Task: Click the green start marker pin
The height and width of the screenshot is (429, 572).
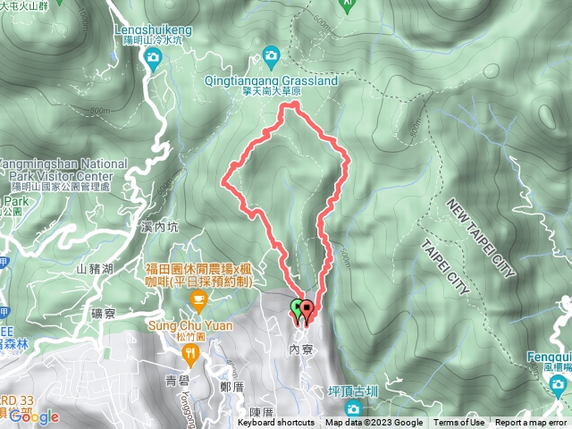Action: click(x=297, y=309)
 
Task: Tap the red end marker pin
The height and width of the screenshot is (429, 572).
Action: click(x=307, y=310)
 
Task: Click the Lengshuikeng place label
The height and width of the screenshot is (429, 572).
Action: click(x=154, y=28)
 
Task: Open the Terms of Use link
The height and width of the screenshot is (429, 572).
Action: click(x=459, y=423)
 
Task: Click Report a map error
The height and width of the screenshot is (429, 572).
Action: click(x=532, y=423)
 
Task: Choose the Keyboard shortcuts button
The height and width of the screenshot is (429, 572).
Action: click(x=276, y=423)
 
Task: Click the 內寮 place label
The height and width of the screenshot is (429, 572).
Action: click(x=301, y=349)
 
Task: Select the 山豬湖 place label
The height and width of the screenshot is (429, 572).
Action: click(x=94, y=268)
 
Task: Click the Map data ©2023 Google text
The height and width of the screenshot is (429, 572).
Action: click(x=374, y=423)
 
